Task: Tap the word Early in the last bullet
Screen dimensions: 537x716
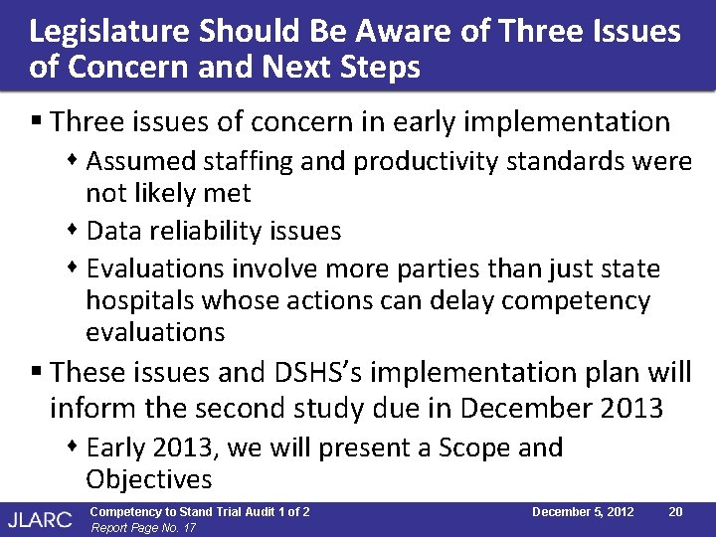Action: pos(118,448)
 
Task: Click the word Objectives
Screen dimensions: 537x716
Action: pos(148,479)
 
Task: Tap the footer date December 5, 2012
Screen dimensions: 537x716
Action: pos(583,511)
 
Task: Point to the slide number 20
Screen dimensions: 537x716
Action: pos(674,511)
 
